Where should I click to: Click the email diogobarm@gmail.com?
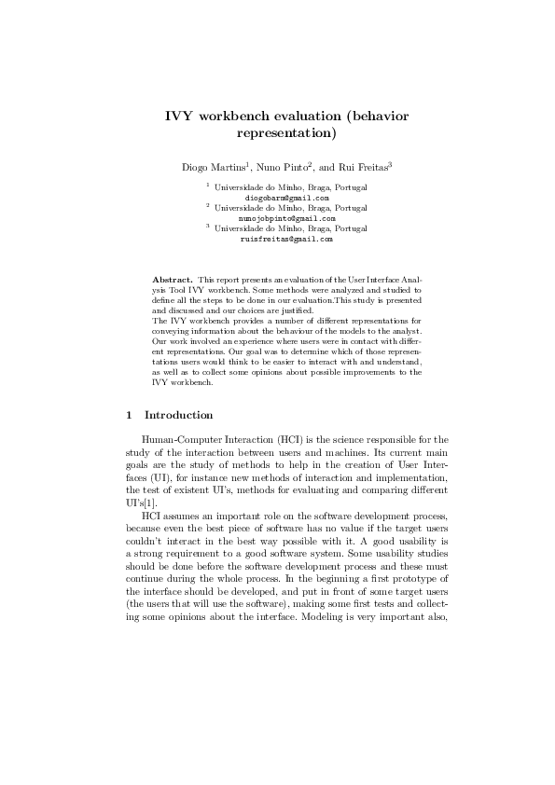286,198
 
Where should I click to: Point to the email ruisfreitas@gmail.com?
286,239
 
